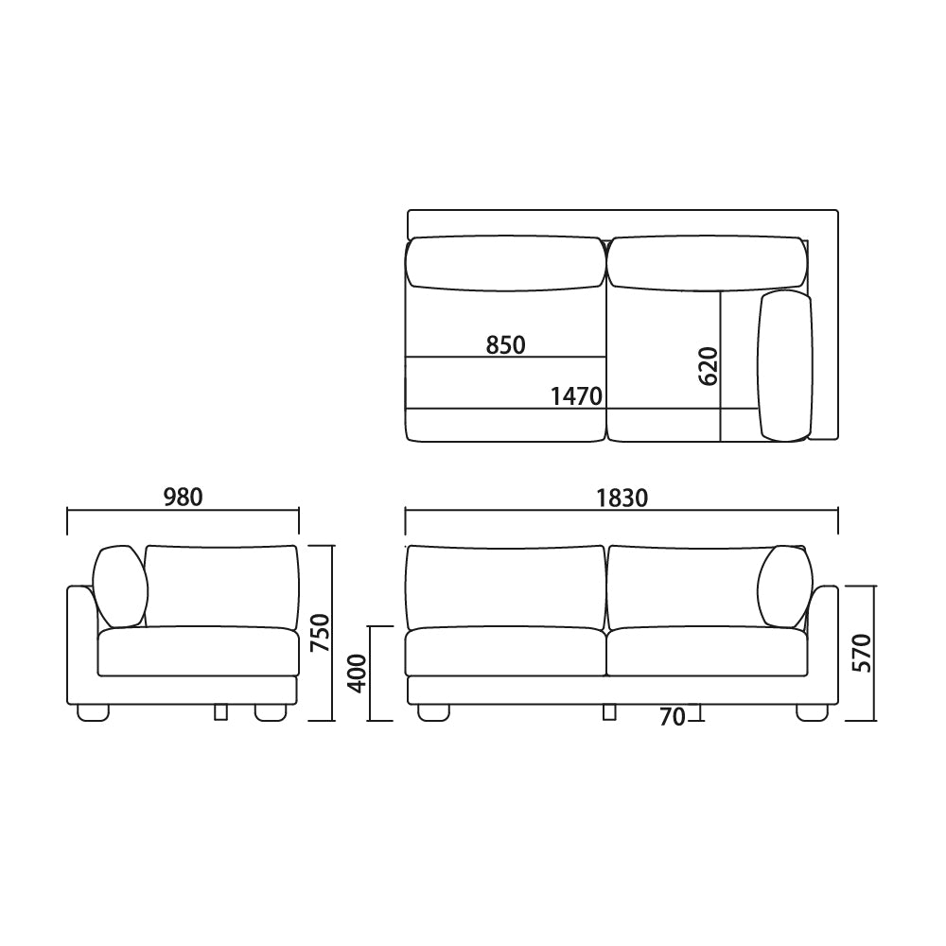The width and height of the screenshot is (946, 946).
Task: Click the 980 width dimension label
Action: click(184, 498)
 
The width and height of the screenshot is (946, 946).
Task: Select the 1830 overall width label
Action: click(622, 499)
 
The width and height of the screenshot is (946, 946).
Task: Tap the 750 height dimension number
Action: click(321, 633)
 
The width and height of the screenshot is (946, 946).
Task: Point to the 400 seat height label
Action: click(358, 674)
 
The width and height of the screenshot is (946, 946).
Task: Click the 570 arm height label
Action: click(862, 653)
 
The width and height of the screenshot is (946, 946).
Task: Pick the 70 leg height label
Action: click(672, 717)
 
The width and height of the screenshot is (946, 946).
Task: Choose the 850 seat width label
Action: click(505, 345)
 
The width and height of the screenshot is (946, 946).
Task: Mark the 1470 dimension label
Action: click(576, 396)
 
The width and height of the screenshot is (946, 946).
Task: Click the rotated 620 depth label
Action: click(709, 366)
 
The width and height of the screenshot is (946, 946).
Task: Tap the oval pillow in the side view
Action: click(121, 587)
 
